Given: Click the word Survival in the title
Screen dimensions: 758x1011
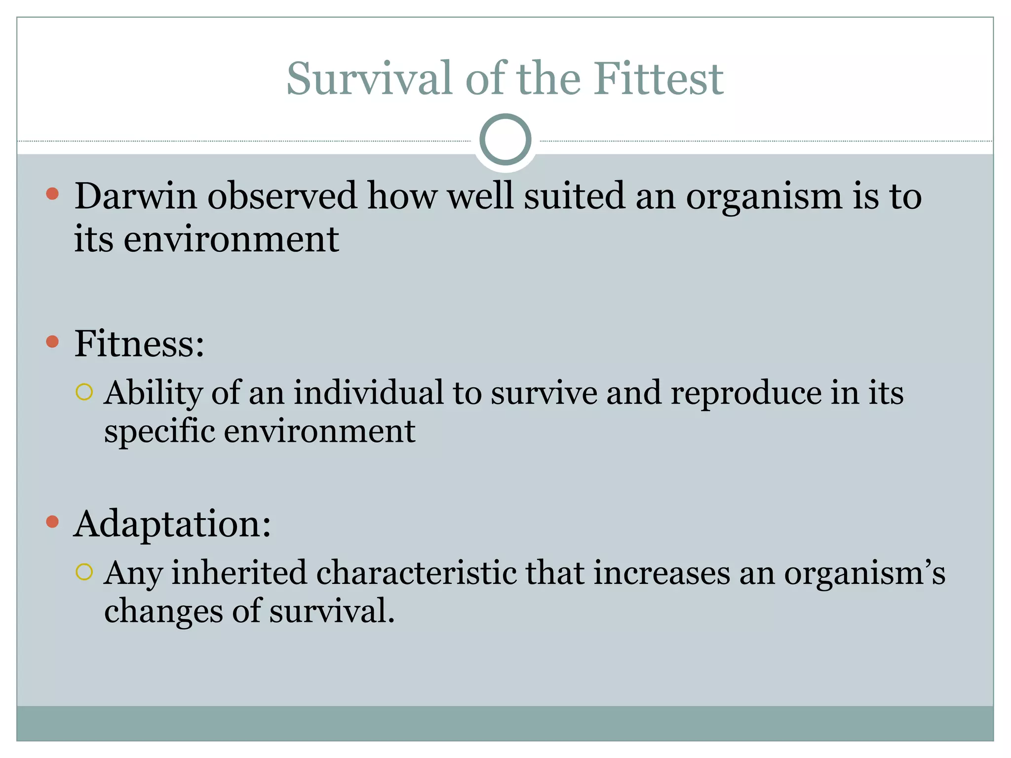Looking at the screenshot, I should (x=369, y=79).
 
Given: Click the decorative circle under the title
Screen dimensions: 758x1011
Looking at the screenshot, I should (x=505, y=140).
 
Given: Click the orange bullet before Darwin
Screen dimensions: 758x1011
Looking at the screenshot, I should (x=52, y=193).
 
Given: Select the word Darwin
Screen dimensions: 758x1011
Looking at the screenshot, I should (x=135, y=196).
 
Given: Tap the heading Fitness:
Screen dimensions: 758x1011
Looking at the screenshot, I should (x=139, y=344).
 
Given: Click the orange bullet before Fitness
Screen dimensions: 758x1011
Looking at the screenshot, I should (x=52, y=341).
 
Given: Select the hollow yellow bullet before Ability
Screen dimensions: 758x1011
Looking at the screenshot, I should (x=84, y=392).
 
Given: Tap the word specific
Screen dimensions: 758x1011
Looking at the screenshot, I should (x=159, y=432).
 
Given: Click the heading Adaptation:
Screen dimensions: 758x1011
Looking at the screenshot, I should (x=172, y=524).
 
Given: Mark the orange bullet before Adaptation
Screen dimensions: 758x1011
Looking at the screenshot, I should (x=52, y=522).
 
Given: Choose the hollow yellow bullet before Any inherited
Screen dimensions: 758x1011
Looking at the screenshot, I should (x=84, y=572).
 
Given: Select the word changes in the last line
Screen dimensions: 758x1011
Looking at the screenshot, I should (x=163, y=612).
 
